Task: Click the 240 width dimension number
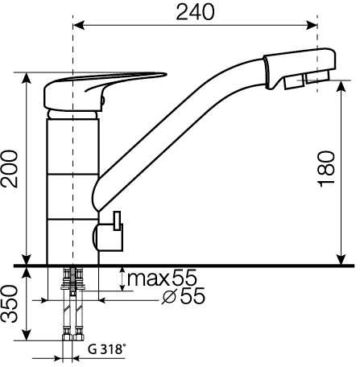pos(195,12)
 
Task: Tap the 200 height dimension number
pos(10,169)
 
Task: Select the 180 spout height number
pos(326,169)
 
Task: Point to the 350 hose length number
pos(10,304)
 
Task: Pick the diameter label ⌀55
pos(184,295)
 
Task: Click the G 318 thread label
pos(106,349)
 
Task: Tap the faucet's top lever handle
pos(105,91)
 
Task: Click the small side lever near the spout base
pos(117,221)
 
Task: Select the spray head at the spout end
pos(300,69)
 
